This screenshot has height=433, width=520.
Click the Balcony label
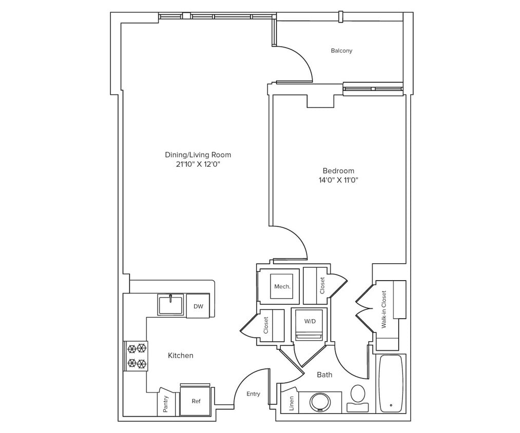coord(341,51)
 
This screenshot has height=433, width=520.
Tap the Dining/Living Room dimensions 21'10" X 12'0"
coord(198,165)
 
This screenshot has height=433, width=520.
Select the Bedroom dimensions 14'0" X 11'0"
coord(338,180)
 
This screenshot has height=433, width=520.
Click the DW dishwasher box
coord(198,306)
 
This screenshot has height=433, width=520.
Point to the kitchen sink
coord(170,305)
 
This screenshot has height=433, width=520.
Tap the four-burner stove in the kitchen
coord(136,356)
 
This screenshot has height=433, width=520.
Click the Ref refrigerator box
coord(196,401)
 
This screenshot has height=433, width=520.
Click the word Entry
coord(253,394)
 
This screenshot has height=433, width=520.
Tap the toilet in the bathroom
coord(358,396)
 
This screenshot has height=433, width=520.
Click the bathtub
coord(391,383)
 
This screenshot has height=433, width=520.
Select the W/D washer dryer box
coord(310,322)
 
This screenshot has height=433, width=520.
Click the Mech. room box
coord(282,286)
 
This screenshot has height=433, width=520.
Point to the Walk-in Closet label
coord(383,309)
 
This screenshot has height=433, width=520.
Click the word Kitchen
coord(181,355)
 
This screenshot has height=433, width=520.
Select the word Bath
coord(324,375)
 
